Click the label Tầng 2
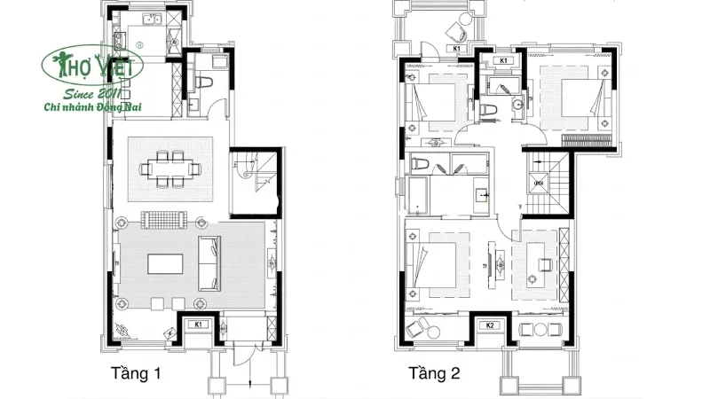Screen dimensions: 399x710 pyautogui.click(x=434, y=372)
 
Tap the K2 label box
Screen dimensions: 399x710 pyautogui.click(x=490, y=325)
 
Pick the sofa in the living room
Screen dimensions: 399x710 pyautogui.click(x=210, y=263)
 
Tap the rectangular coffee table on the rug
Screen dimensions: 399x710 pyautogui.click(x=166, y=264)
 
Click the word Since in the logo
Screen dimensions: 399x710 pyautogui.click(x=75, y=93)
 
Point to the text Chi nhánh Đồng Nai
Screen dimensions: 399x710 pyautogui.click(x=99, y=107)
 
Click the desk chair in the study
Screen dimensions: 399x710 pyautogui.click(x=545, y=262)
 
